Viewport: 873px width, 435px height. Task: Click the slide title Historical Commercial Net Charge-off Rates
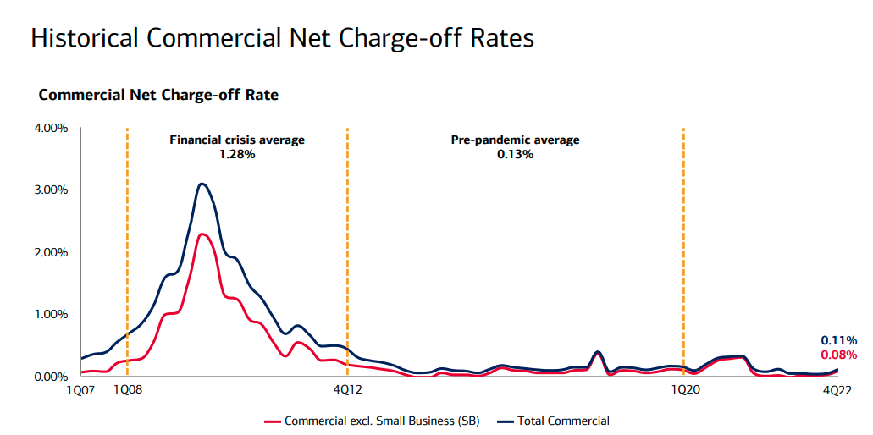pyautogui.click(x=282, y=39)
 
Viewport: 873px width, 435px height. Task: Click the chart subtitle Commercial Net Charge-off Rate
pyautogui.click(x=158, y=95)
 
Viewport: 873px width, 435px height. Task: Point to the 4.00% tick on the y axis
pyautogui.click(x=51, y=128)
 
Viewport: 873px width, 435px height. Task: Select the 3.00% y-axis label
pyautogui.click(x=51, y=190)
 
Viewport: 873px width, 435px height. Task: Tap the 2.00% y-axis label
pyautogui.click(x=51, y=252)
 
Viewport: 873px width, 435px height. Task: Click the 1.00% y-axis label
pyautogui.click(x=51, y=314)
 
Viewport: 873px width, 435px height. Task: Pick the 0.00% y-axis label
pyautogui.click(x=51, y=377)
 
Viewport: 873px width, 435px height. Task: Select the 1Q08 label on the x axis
pyautogui.click(x=128, y=390)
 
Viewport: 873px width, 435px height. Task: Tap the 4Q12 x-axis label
pyautogui.click(x=347, y=390)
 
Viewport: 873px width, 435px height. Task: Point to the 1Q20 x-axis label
pyautogui.click(x=684, y=390)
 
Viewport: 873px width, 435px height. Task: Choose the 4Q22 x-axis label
pyautogui.click(x=838, y=390)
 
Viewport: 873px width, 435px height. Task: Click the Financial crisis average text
pyautogui.click(x=237, y=140)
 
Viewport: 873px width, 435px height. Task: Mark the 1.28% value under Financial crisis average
pyautogui.click(x=237, y=154)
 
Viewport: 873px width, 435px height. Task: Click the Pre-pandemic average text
pyautogui.click(x=515, y=140)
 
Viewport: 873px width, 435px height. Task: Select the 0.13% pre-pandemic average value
pyautogui.click(x=515, y=154)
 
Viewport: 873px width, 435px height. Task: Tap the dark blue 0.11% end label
pyautogui.click(x=838, y=340)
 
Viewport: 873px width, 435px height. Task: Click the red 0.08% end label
pyautogui.click(x=838, y=355)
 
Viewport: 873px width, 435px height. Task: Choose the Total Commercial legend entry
pyautogui.click(x=563, y=421)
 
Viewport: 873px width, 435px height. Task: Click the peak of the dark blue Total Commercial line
pyautogui.click(x=201, y=184)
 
